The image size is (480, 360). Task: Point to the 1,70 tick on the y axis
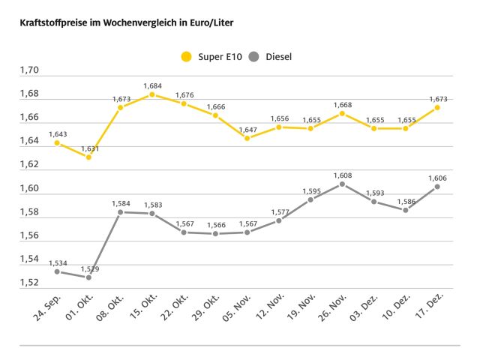29,70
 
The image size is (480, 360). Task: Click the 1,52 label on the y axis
29,282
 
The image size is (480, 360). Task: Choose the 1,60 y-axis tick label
29,188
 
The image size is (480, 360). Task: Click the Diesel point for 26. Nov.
342,184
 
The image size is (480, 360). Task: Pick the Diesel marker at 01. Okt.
88,277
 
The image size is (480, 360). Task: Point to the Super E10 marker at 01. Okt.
88,157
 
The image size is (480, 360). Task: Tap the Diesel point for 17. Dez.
437,187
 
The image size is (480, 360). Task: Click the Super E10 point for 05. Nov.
247,138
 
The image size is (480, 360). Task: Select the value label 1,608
342,174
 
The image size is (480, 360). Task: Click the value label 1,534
58,262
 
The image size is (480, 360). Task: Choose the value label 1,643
58,134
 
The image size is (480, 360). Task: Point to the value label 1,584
121,203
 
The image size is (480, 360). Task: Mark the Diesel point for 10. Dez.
406,210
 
